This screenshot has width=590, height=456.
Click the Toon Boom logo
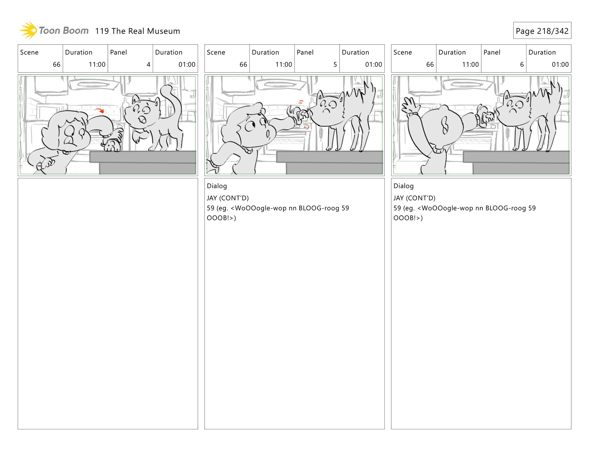pyautogui.click(x=54, y=30)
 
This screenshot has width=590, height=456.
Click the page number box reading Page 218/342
pyautogui.click(x=542, y=31)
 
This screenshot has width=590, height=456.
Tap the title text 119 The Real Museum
pyautogui.click(x=137, y=31)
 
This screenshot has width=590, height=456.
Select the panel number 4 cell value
pyautogui.click(x=148, y=65)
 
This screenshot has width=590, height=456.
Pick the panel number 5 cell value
pyautogui.click(x=335, y=65)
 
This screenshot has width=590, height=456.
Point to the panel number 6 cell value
pyautogui.click(x=521, y=65)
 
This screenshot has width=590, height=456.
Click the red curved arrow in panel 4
pyautogui.click(x=99, y=110)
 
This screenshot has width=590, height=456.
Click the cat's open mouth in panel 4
pyautogui.click(x=142, y=119)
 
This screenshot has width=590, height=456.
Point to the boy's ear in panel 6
pyautogui.click(x=445, y=126)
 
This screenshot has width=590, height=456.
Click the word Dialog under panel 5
pyautogui.click(x=217, y=186)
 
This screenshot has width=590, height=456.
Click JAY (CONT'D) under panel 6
pyautogui.click(x=414, y=198)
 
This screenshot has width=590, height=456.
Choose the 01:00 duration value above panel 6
pyautogui.click(x=560, y=65)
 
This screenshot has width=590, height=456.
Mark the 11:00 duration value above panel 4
pyautogui.click(x=97, y=65)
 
